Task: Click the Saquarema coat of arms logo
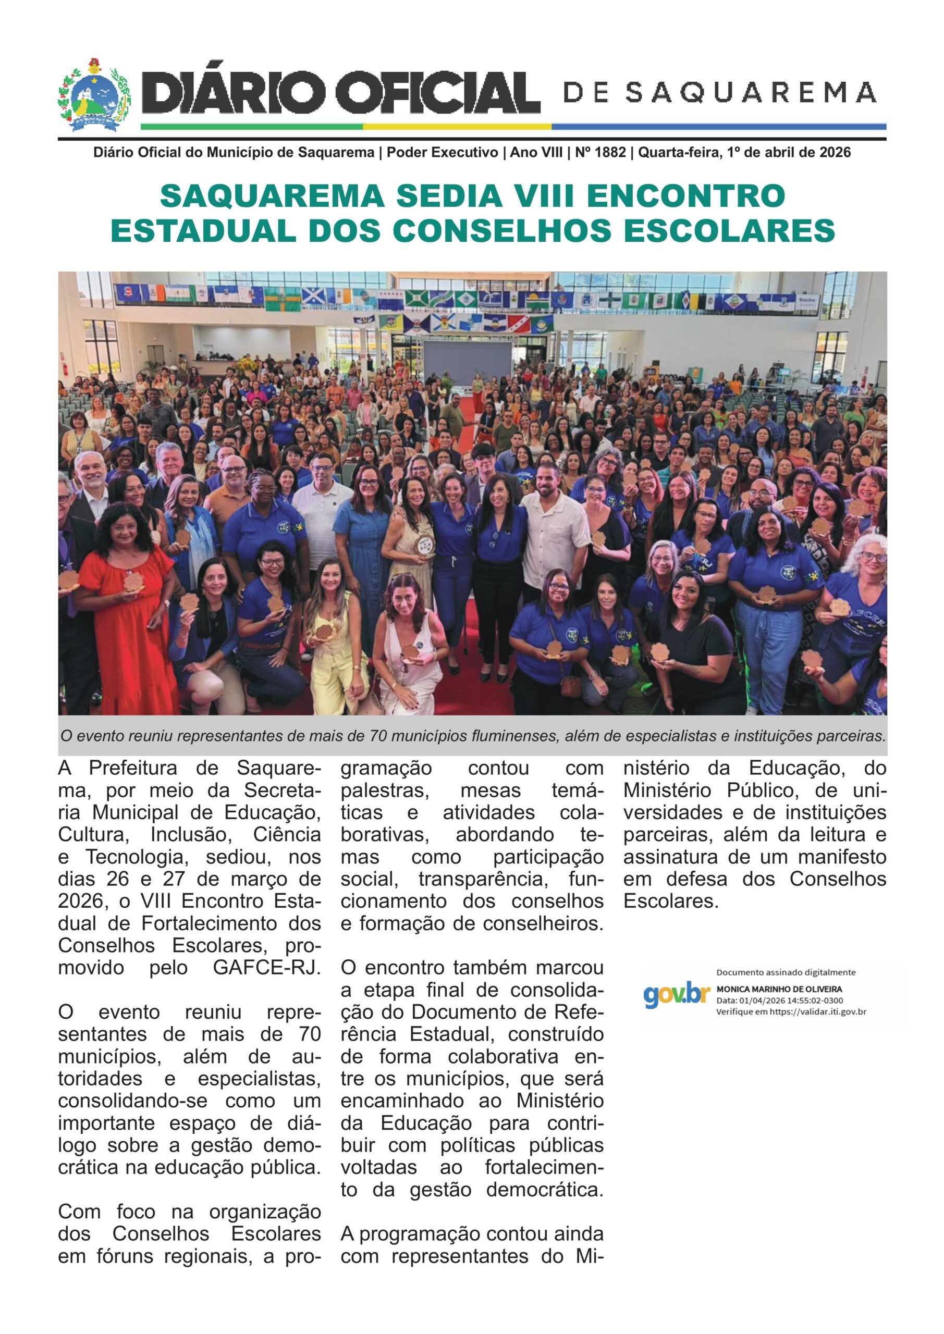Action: (x=94, y=95)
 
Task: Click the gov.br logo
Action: (x=677, y=995)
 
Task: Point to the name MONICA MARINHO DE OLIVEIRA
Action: (x=779, y=989)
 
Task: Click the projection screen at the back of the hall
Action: (x=468, y=360)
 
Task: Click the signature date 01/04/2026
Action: (x=759, y=1000)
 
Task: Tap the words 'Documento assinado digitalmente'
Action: (x=786, y=972)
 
